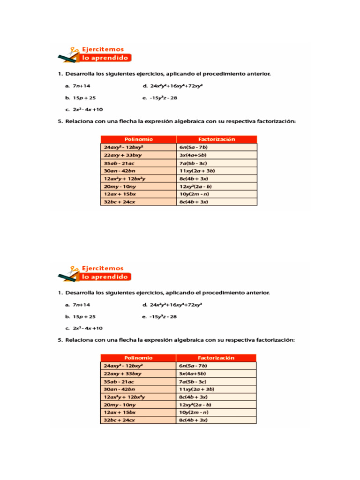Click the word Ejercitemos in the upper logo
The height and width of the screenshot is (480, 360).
point(103,49)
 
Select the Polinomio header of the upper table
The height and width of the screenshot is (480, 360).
point(138,139)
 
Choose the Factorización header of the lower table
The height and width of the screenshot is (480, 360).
point(216,358)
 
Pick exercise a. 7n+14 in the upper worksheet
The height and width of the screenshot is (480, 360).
point(78,86)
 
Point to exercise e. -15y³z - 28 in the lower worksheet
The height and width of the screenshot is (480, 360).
point(159,317)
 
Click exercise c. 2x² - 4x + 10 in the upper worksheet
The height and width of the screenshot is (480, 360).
point(84,109)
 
